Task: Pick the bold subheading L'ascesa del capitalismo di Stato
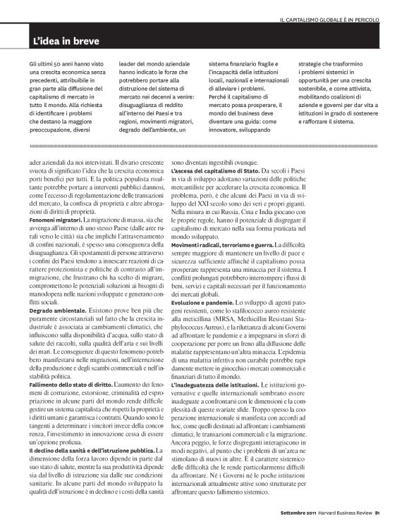[x=215, y=191]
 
